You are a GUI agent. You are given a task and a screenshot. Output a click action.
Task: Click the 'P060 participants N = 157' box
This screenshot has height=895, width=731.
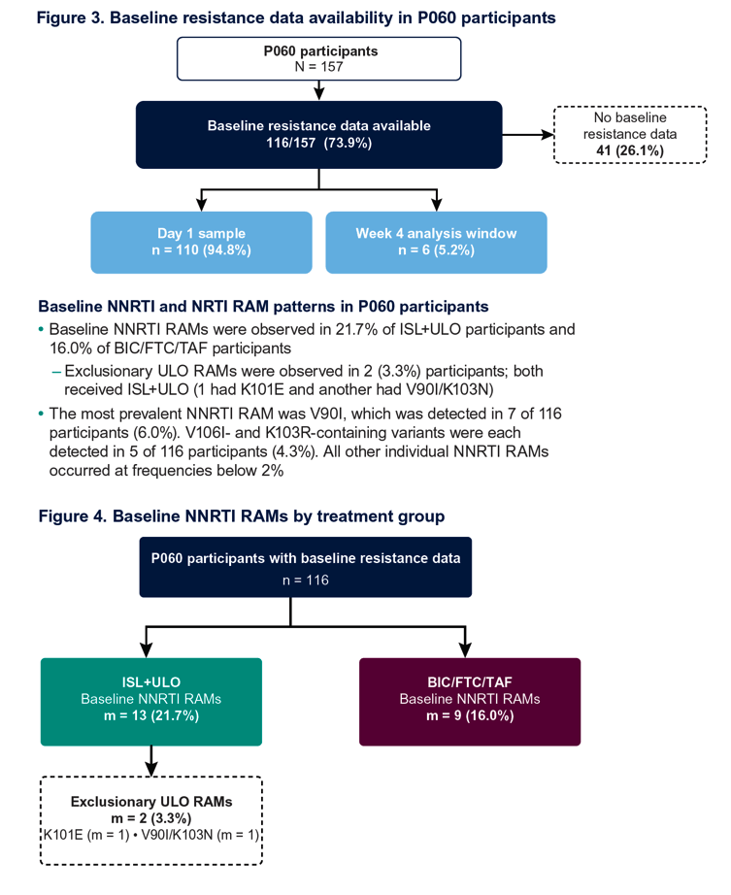coord(319,59)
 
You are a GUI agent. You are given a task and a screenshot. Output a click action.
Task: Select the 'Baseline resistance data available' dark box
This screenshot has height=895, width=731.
coord(319,135)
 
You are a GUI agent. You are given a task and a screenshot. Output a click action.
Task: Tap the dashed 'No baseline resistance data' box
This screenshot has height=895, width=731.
coord(630,135)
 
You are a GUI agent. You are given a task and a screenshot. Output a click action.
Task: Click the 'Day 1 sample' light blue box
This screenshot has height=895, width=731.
coord(202,243)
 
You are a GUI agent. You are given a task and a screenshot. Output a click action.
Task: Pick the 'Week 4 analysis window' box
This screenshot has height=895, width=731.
coord(436,243)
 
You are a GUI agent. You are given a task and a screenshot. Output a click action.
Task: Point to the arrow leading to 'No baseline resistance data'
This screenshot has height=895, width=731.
coord(528,135)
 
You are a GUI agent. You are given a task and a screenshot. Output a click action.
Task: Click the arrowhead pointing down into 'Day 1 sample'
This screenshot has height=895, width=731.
coord(201,205)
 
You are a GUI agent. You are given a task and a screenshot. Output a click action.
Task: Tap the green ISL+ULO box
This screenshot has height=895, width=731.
coord(151,702)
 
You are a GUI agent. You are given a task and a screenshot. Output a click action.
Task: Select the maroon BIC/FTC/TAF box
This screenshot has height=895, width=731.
coord(470,702)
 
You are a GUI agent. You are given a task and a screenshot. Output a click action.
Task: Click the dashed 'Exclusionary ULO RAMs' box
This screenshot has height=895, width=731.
coord(151,820)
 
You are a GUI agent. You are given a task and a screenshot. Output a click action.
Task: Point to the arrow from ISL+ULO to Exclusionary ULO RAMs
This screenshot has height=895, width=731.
coord(150,761)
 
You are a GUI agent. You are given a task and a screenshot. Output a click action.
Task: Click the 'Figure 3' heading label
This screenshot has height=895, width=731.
coord(70,17)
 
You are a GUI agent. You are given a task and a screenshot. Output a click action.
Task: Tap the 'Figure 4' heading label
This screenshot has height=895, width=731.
coord(72,516)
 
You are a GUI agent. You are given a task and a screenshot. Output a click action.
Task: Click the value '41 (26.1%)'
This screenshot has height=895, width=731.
coord(630,150)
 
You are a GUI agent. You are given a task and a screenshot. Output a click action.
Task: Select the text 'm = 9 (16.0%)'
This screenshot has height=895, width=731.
coord(470,715)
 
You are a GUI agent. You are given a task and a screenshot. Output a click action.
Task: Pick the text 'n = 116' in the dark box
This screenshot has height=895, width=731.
coord(305,580)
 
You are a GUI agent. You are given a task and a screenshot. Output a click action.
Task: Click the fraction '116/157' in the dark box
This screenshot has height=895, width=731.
coord(290,143)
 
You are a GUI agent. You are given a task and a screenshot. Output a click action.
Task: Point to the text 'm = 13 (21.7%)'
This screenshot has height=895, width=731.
coord(151,715)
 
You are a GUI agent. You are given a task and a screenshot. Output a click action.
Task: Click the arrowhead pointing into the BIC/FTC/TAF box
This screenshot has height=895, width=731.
coord(465,650)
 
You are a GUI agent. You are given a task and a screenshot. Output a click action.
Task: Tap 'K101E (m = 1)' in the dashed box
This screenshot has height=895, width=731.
coord(86,835)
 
